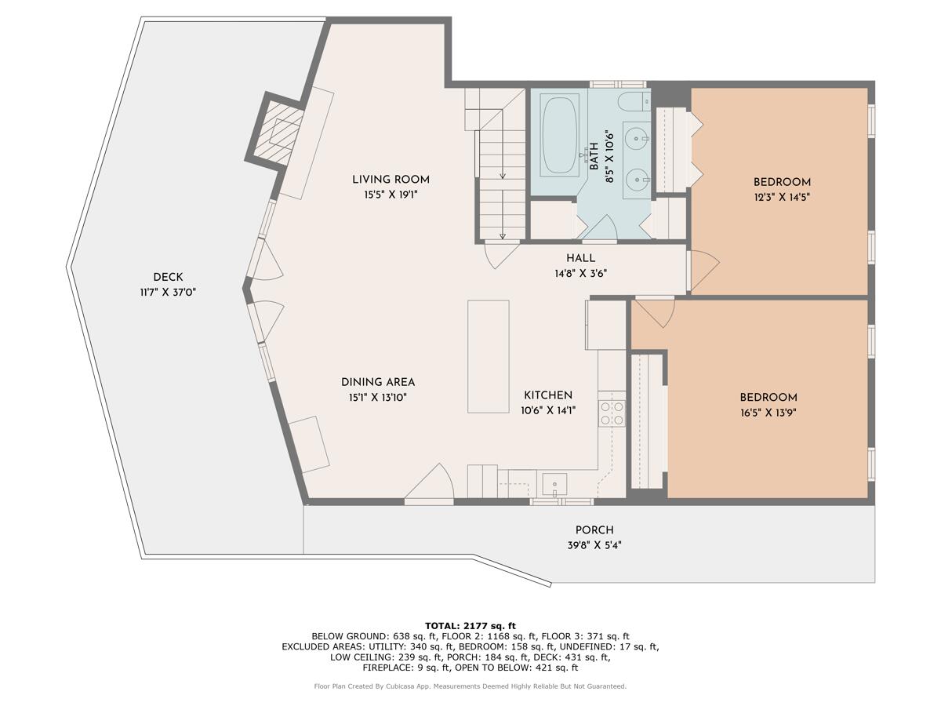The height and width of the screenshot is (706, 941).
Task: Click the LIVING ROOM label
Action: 391,180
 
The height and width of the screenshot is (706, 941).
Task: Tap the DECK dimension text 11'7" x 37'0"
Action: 168,292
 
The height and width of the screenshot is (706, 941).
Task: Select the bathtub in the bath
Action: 559,133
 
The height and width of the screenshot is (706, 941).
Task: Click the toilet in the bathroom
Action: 634,101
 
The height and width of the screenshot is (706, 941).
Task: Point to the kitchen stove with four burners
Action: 612,413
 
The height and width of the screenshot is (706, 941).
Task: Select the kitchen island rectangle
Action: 488,356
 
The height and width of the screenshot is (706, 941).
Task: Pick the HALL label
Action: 580,258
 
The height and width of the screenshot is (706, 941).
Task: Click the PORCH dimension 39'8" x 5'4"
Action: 594,545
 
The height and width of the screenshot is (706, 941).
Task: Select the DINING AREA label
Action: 378,382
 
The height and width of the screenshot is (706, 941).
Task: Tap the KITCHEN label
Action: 547,395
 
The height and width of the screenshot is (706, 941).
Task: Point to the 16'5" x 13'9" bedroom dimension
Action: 768,413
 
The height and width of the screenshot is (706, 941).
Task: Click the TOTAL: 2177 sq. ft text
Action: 470,625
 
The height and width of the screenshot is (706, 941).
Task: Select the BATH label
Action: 594,155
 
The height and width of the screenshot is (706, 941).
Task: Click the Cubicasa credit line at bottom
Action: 470,686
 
